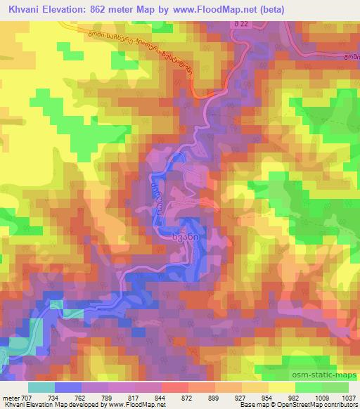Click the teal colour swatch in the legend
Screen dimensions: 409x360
pos(41,387)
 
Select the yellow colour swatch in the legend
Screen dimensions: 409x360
pos(281,387)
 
